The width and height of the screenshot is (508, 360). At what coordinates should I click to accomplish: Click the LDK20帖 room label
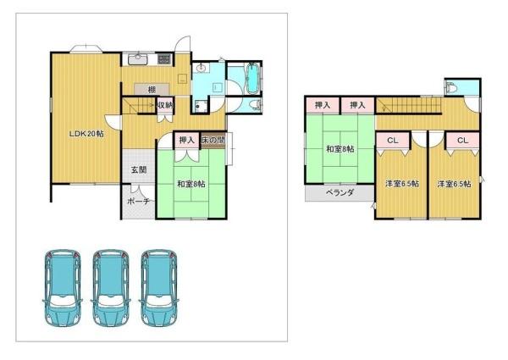(x=87, y=134)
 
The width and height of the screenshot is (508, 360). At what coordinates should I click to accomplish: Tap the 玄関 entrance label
(x=139, y=169)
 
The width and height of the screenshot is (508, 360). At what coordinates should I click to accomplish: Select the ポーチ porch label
(x=138, y=202)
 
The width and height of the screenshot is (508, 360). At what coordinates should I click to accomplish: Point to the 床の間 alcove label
(x=213, y=141)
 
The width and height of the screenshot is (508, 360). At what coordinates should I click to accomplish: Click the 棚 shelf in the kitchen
(x=152, y=89)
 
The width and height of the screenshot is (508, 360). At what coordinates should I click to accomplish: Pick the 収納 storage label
(x=165, y=105)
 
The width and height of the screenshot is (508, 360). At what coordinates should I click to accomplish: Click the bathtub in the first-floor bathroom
(x=252, y=78)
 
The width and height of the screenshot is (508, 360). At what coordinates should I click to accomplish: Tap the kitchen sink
(x=138, y=59)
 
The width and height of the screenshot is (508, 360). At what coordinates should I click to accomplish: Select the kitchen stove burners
(x=164, y=59)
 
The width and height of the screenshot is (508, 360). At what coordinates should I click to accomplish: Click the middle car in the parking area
(x=111, y=288)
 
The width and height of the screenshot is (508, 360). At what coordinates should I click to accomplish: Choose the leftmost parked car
(x=63, y=288)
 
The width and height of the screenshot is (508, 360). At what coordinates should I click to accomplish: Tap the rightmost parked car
(x=159, y=288)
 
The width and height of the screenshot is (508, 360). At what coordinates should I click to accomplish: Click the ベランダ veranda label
(x=340, y=193)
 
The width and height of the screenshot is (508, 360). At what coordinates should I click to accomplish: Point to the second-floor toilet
(x=450, y=87)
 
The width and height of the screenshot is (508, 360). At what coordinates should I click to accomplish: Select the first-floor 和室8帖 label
(x=191, y=184)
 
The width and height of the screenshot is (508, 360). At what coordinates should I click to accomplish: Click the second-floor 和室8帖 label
(x=340, y=149)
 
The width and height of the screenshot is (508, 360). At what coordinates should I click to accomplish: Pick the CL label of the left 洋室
(x=393, y=141)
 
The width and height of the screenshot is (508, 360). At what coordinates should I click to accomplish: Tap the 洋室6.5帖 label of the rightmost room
(x=454, y=184)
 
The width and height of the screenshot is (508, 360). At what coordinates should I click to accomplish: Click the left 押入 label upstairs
(x=323, y=105)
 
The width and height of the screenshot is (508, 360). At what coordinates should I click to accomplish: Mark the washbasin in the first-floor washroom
(x=201, y=68)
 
